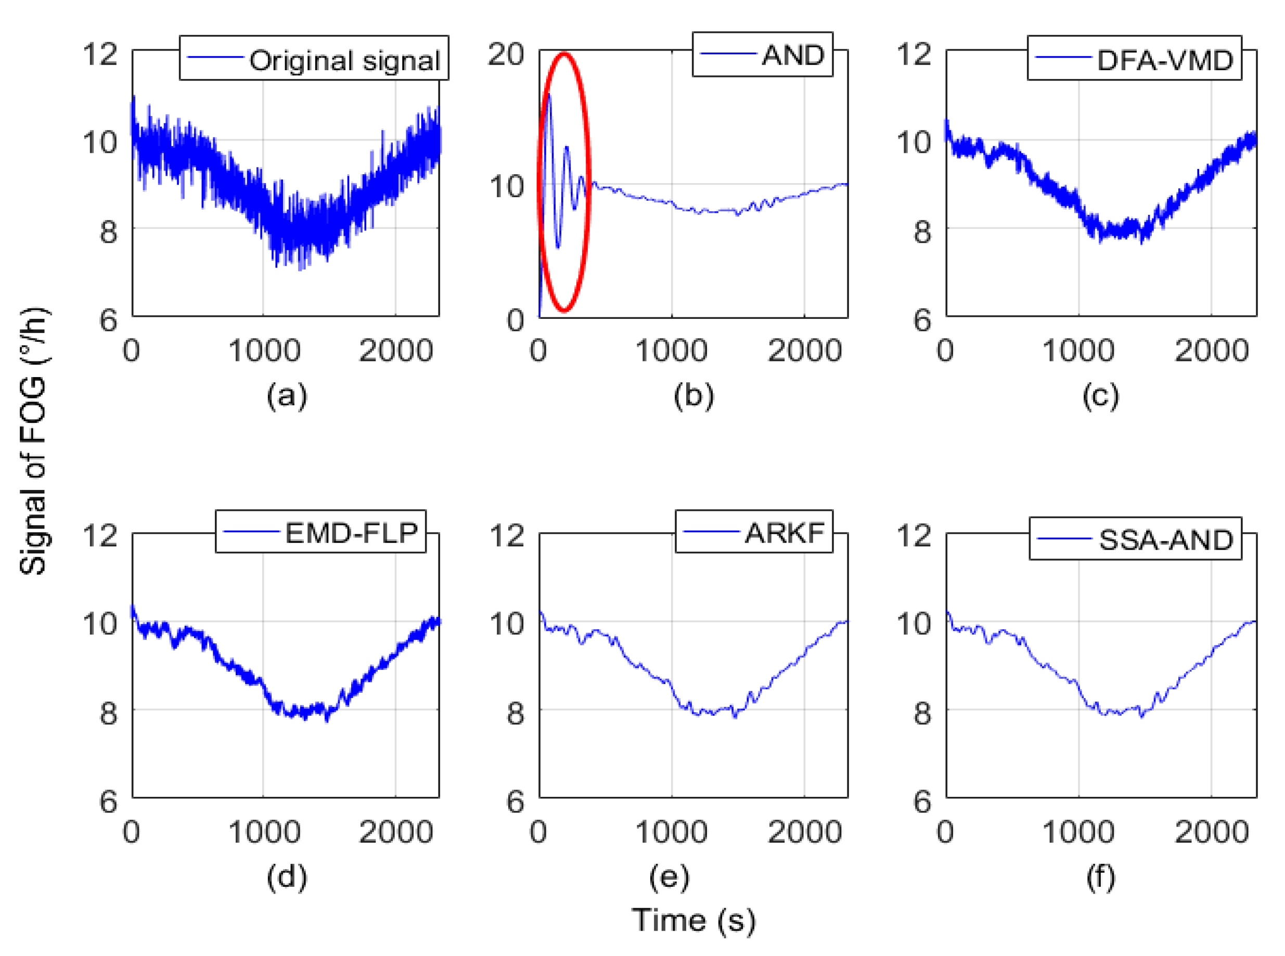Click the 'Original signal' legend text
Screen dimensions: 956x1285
click(344, 60)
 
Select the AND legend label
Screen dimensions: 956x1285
click(792, 56)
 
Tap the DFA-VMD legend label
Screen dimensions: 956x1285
click(1165, 60)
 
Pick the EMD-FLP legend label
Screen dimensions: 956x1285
click(351, 533)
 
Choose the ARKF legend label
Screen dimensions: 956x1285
click(785, 533)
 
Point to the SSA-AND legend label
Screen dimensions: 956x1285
click(1166, 540)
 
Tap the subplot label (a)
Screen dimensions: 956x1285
click(287, 396)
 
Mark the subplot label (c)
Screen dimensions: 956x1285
click(1100, 396)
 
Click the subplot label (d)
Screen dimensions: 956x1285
click(287, 877)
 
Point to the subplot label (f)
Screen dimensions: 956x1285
click(1100, 877)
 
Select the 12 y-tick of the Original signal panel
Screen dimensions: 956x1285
click(99, 55)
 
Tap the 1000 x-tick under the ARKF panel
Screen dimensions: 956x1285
click(671, 832)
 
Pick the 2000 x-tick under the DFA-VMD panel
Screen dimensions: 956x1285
click(1211, 351)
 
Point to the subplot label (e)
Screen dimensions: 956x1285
click(669, 877)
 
